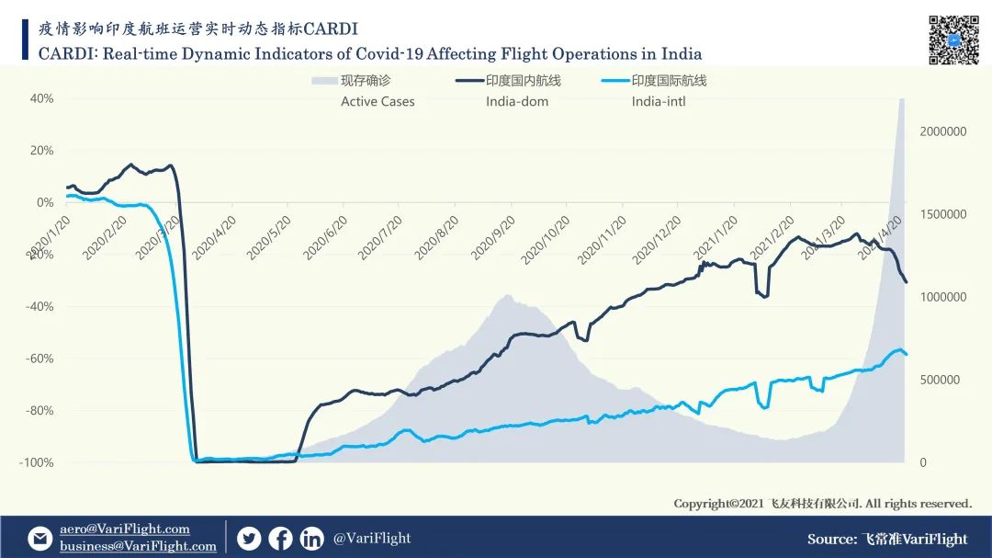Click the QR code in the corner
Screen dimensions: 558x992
(953, 40)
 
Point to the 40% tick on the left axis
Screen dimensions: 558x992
(42, 98)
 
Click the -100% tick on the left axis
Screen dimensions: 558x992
(37, 462)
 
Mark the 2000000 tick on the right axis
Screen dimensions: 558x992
(942, 131)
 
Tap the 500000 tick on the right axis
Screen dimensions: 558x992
(940, 380)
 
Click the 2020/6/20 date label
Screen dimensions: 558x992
(325, 238)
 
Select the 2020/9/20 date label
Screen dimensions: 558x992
(492, 238)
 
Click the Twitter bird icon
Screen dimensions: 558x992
(249, 539)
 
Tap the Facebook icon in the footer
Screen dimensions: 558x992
(280, 539)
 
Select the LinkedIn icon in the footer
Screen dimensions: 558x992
(312, 539)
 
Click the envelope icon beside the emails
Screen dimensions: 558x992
(40, 538)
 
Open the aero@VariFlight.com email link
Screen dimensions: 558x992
(125, 529)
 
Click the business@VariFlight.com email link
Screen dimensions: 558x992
(138, 546)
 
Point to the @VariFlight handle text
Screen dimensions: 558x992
(372, 538)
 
